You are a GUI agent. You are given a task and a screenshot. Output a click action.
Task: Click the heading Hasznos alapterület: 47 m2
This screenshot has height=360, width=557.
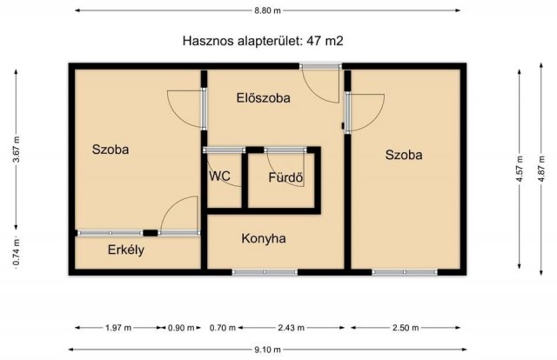click(266, 40)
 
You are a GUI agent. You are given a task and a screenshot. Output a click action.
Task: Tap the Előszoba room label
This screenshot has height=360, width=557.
click(263, 98)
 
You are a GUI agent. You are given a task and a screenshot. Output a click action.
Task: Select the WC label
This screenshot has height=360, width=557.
click(219, 175)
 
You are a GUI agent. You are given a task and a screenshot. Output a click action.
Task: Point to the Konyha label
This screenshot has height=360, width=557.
click(264, 238)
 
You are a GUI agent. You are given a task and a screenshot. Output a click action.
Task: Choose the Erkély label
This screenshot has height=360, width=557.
click(125, 250)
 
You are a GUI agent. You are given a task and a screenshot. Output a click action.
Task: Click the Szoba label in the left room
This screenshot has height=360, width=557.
click(111, 150)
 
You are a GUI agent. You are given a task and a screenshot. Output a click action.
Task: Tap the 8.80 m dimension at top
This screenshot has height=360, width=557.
click(266, 10)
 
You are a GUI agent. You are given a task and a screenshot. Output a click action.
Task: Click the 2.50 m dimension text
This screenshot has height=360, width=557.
click(404, 328)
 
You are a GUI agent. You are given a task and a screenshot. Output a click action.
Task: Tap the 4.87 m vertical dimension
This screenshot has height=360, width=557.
click(542, 165)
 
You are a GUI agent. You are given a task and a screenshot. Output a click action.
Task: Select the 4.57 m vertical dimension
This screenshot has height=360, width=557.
click(520, 165)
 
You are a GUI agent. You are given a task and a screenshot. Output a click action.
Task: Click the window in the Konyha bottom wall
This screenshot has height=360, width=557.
click(265, 272)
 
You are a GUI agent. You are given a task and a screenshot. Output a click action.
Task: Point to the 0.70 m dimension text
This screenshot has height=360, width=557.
click(224, 328)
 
